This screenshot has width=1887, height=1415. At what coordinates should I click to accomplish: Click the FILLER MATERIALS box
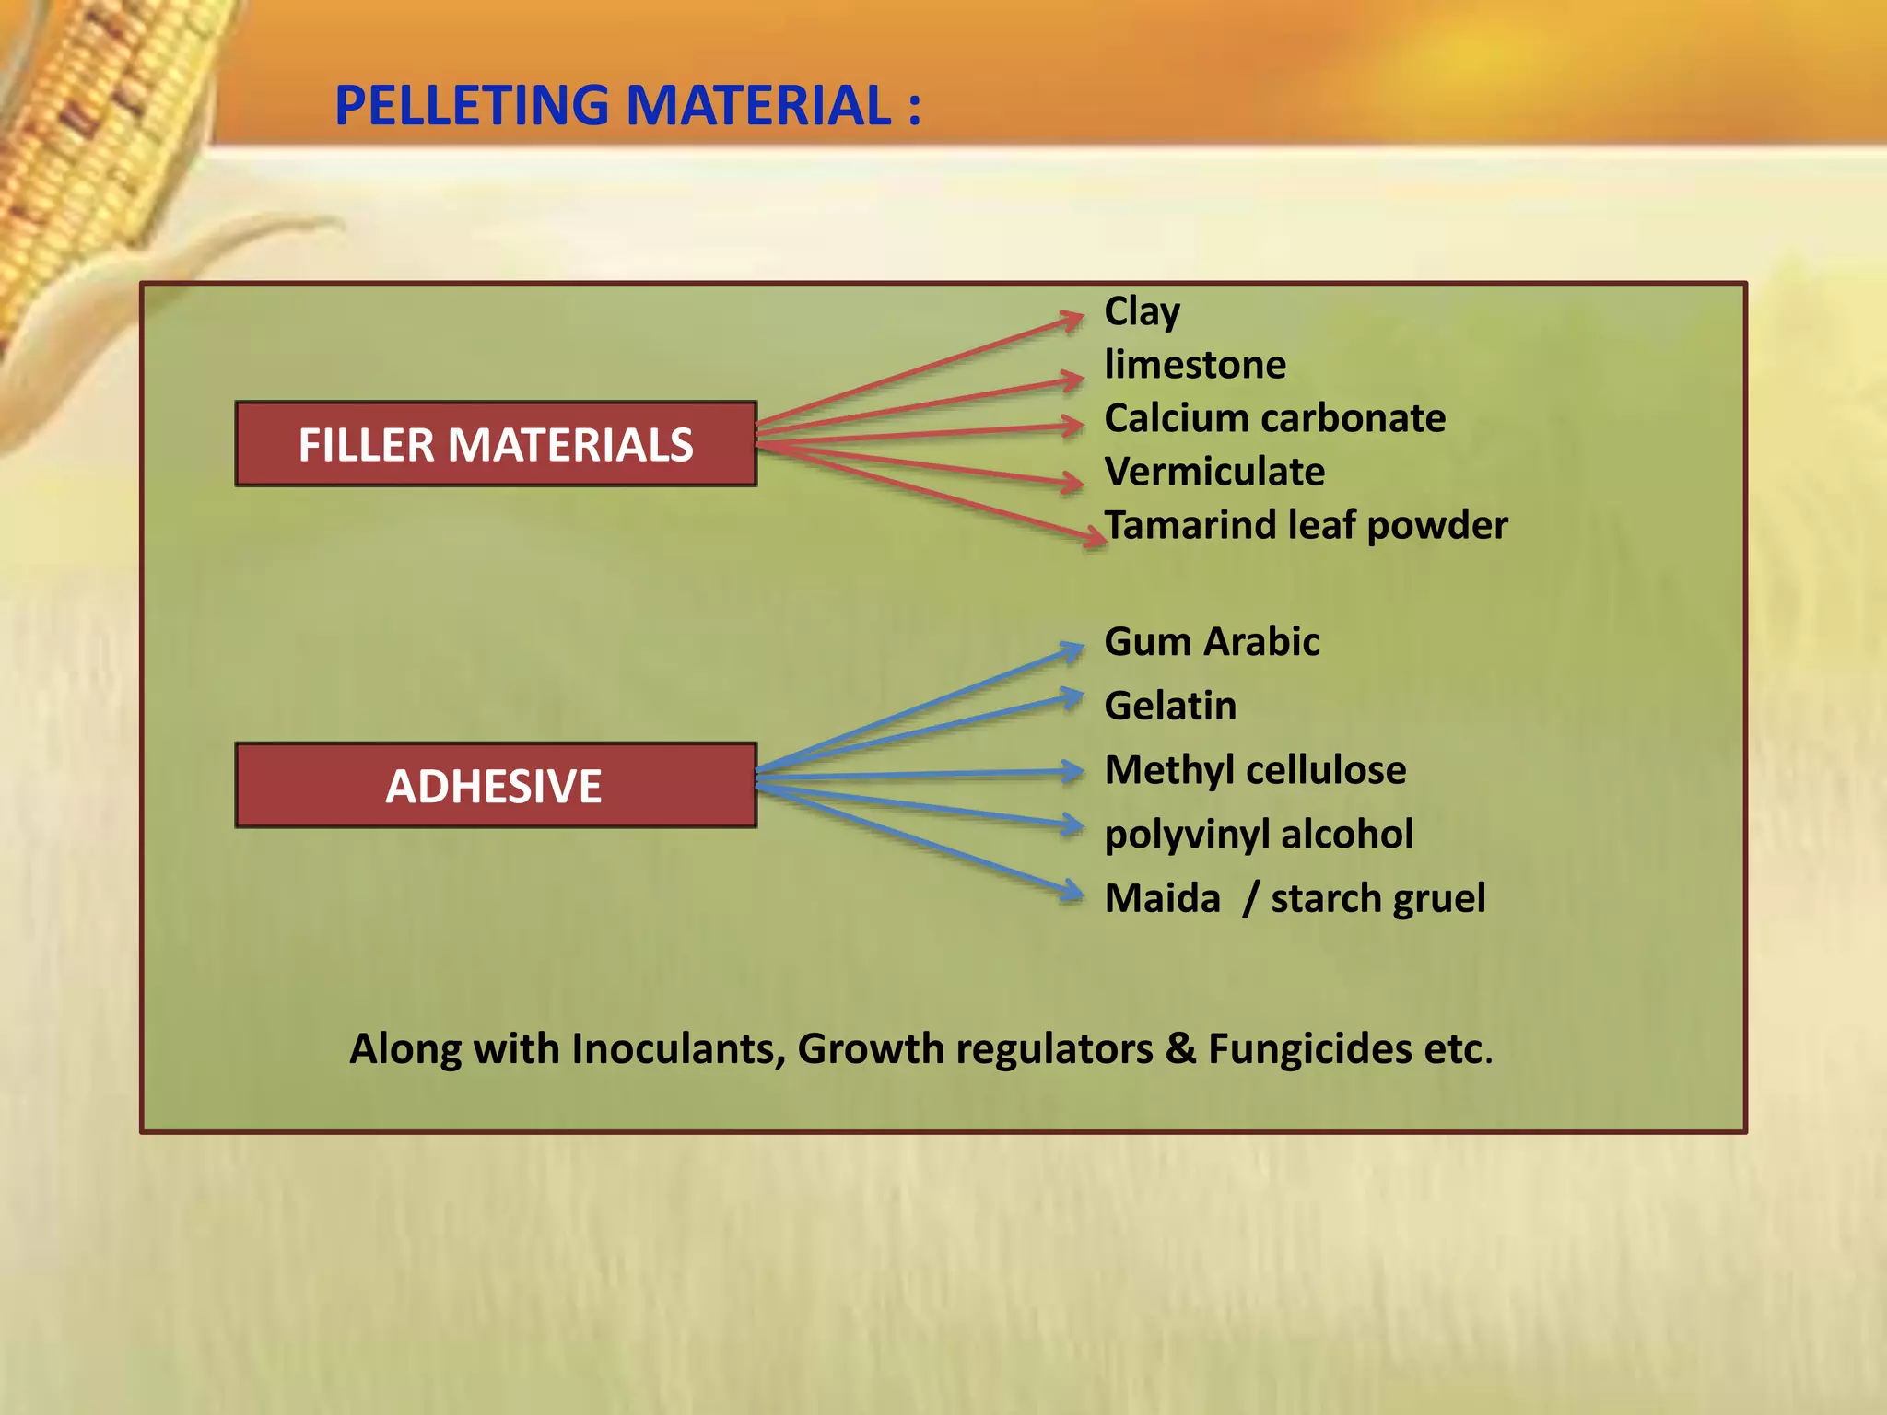point(496,444)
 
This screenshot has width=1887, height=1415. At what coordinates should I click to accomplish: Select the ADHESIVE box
point(496,786)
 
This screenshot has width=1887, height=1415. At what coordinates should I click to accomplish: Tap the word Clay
point(1142,312)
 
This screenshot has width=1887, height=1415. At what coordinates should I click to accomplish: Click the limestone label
point(1195,365)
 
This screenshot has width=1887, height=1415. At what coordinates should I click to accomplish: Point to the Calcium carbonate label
point(1274,418)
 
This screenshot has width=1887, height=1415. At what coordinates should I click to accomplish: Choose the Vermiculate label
point(1214,472)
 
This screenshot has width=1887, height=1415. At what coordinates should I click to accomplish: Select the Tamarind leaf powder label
point(1306,525)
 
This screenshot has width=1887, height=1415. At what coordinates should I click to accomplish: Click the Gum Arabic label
point(1212,641)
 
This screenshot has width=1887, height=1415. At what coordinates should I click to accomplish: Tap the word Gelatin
point(1170,706)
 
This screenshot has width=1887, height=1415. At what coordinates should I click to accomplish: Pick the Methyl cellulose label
point(1255,770)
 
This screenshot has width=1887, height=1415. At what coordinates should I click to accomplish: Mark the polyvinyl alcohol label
point(1259,835)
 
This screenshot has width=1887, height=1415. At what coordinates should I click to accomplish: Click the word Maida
point(1162,898)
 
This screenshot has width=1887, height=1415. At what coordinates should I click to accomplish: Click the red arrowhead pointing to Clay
point(1072,320)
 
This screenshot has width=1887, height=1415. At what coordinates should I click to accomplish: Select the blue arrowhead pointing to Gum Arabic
point(1072,650)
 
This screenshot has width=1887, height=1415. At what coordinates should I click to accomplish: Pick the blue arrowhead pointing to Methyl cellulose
point(1072,771)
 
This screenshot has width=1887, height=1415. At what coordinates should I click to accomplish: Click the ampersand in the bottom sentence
point(1180,1049)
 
